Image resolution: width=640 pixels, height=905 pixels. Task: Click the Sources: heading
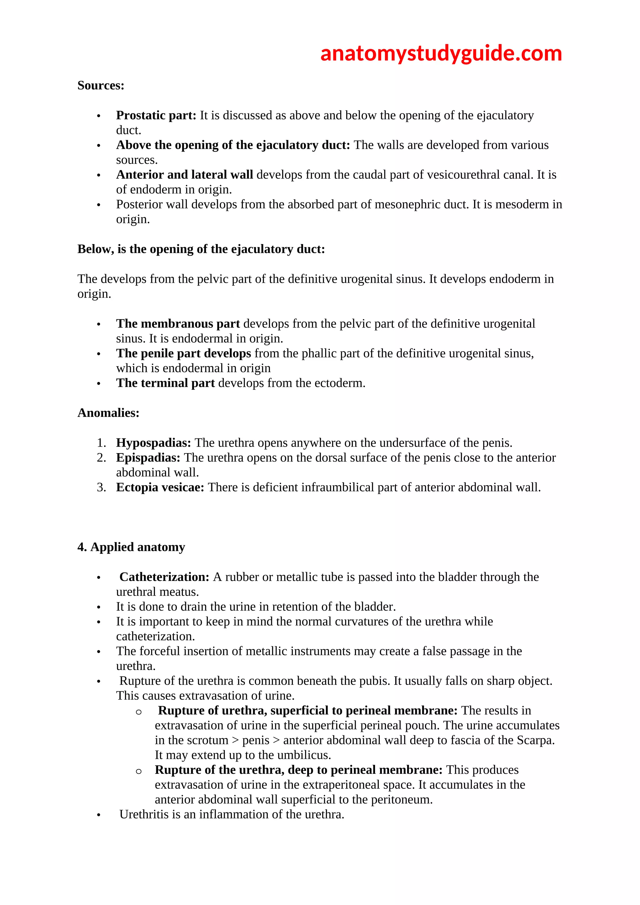101,86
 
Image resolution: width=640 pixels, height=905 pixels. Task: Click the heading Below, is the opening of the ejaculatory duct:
201,249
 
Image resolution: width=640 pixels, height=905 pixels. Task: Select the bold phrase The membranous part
178,324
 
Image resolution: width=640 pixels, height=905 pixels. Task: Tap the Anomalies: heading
108,413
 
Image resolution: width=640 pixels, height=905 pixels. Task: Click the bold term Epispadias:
148,457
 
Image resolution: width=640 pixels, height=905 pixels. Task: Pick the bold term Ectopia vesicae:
160,487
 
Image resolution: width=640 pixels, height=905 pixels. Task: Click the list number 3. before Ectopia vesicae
101,487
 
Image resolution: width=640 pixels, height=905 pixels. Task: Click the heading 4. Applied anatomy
131,547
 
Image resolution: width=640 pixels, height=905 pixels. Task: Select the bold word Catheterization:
164,577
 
